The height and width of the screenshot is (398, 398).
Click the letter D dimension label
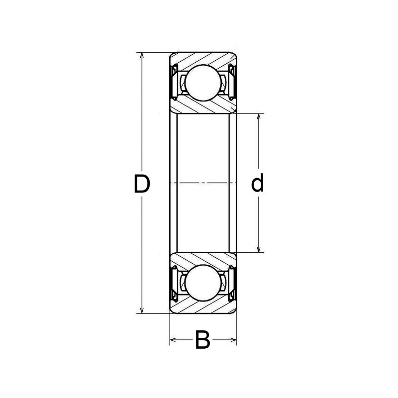click(142, 184)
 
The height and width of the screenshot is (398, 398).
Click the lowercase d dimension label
click(257, 184)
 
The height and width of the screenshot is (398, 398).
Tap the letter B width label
click(202, 341)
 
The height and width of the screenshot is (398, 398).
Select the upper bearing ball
click(202, 81)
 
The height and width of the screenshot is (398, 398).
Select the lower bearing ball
click(202, 284)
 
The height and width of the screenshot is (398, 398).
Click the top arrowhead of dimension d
click(259, 117)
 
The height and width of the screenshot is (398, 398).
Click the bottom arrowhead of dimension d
click(259, 250)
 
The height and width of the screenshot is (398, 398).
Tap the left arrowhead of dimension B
click(173, 341)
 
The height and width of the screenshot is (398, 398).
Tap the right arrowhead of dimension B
click(232, 341)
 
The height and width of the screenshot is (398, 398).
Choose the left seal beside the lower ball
click(176, 284)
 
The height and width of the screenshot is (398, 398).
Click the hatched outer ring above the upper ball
click(202, 58)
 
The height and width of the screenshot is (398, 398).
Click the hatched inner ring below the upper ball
click(202, 105)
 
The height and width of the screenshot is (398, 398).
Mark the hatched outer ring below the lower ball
click(202, 308)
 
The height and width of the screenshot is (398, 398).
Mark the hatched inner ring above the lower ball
click(202, 260)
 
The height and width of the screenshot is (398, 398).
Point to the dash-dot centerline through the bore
click(202, 184)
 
